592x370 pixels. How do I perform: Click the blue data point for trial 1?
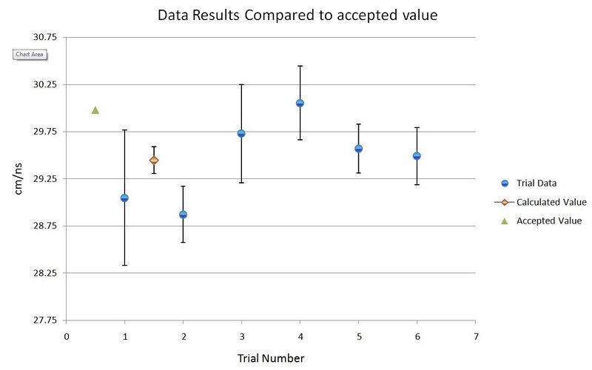point(124,198)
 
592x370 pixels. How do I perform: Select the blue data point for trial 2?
point(183,215)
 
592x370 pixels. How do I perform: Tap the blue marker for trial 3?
point(241,133)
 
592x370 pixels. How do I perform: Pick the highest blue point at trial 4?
point(300,103)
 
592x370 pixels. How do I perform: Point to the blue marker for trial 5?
point(359,149)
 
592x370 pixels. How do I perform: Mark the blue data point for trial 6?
point(417,156)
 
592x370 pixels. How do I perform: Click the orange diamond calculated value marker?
point(154,160)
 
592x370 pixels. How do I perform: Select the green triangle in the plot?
point(95,110)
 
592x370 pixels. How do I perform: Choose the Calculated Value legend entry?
point(540,202)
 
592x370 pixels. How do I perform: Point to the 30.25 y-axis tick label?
point(45,84)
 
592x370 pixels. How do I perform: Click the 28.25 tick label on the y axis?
point(45,273)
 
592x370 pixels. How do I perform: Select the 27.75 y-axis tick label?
point(45,320)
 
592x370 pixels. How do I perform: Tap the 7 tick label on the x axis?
point(476,337)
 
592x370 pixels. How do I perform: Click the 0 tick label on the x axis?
point(67,337)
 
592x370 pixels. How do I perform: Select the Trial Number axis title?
point(271,358)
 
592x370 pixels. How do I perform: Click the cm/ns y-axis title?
point(18,178)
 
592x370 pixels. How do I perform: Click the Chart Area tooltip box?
point(30,54)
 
